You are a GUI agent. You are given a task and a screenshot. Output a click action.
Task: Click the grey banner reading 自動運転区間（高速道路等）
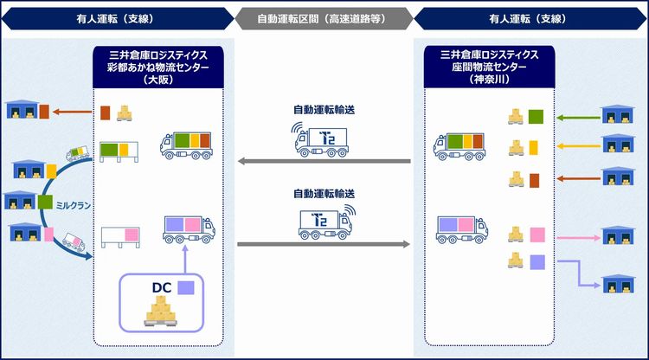324,19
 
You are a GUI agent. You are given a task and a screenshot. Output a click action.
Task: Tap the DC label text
162,287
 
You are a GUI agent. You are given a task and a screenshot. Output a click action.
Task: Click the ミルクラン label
74,205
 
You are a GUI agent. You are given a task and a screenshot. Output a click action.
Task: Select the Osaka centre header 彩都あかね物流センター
158,67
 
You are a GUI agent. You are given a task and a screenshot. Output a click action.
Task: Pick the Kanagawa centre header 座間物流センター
489,67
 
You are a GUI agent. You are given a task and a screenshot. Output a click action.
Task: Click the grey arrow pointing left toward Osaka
324,161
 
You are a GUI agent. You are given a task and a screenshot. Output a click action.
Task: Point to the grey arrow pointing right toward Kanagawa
324,244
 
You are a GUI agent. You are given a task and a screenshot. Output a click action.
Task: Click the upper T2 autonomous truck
321,140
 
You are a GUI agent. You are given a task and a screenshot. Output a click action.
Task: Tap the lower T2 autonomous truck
327,222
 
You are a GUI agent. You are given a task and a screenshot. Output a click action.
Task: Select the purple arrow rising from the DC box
185,259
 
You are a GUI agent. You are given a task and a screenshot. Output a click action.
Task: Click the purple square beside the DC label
186,288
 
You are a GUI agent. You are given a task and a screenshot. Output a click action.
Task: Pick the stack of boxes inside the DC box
161,312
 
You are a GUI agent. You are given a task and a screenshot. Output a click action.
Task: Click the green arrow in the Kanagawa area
578,118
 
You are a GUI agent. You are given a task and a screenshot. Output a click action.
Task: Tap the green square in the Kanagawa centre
536,117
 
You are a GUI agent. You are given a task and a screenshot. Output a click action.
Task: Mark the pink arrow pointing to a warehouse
579,238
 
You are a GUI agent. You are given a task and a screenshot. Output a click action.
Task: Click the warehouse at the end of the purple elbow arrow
618,284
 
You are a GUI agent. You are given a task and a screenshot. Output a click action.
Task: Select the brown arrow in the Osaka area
73,112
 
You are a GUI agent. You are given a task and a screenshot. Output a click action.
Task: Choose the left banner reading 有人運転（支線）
117,19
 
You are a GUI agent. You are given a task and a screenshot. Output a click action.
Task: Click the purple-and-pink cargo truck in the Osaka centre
190,229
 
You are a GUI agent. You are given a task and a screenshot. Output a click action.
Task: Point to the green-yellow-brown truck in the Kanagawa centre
459,146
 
